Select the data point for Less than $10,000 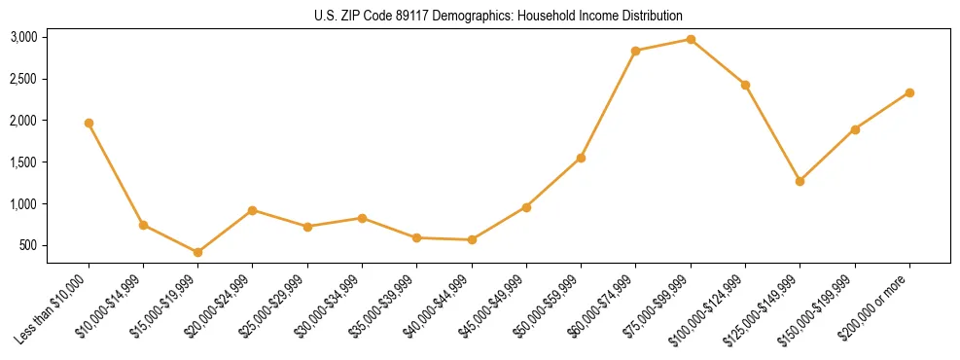click(89, 124)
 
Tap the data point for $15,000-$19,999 click(198, 252)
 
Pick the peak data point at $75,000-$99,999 click(691, 39)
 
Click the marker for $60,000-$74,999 click(636, 51)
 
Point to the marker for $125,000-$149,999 click(800, 181)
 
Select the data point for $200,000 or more click(909, 92)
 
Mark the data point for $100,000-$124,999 click(745, 85)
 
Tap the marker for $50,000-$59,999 click(581, 158)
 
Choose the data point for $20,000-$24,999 click(253, 210)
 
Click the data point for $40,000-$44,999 click(472, 239)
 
